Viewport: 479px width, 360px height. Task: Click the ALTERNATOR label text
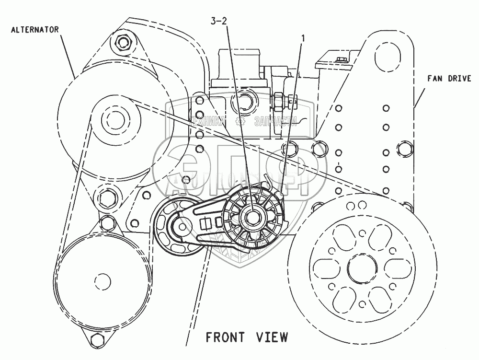[35, 30]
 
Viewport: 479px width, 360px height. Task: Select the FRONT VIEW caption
[247, 337]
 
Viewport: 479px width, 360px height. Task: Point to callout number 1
[302, 37]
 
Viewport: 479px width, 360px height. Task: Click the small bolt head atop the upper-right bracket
[341, 60]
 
